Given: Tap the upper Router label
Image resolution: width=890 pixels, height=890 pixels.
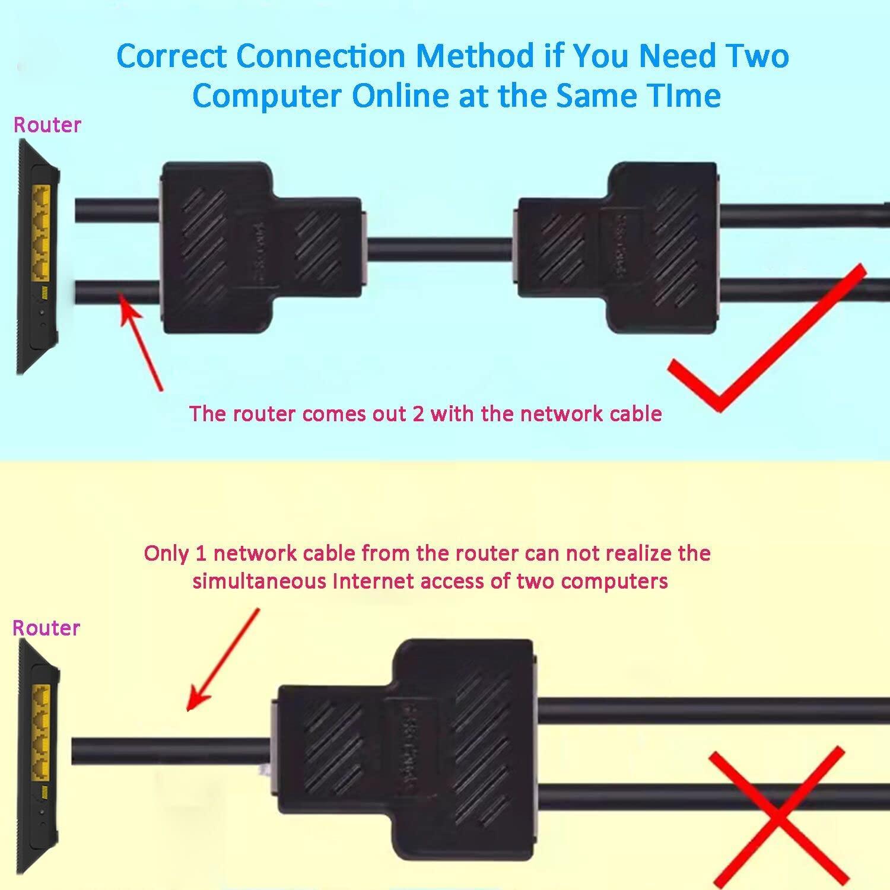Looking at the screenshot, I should point(47,125).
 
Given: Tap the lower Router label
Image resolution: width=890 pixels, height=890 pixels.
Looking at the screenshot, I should point(46,628).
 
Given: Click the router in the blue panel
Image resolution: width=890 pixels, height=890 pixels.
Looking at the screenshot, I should point(37,255).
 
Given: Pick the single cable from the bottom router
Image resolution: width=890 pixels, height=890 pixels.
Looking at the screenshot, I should point(172,751).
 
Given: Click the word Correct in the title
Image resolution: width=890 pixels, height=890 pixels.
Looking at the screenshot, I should point(171,56).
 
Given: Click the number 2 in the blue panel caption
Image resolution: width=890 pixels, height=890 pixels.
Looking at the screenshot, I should point(418,414).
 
